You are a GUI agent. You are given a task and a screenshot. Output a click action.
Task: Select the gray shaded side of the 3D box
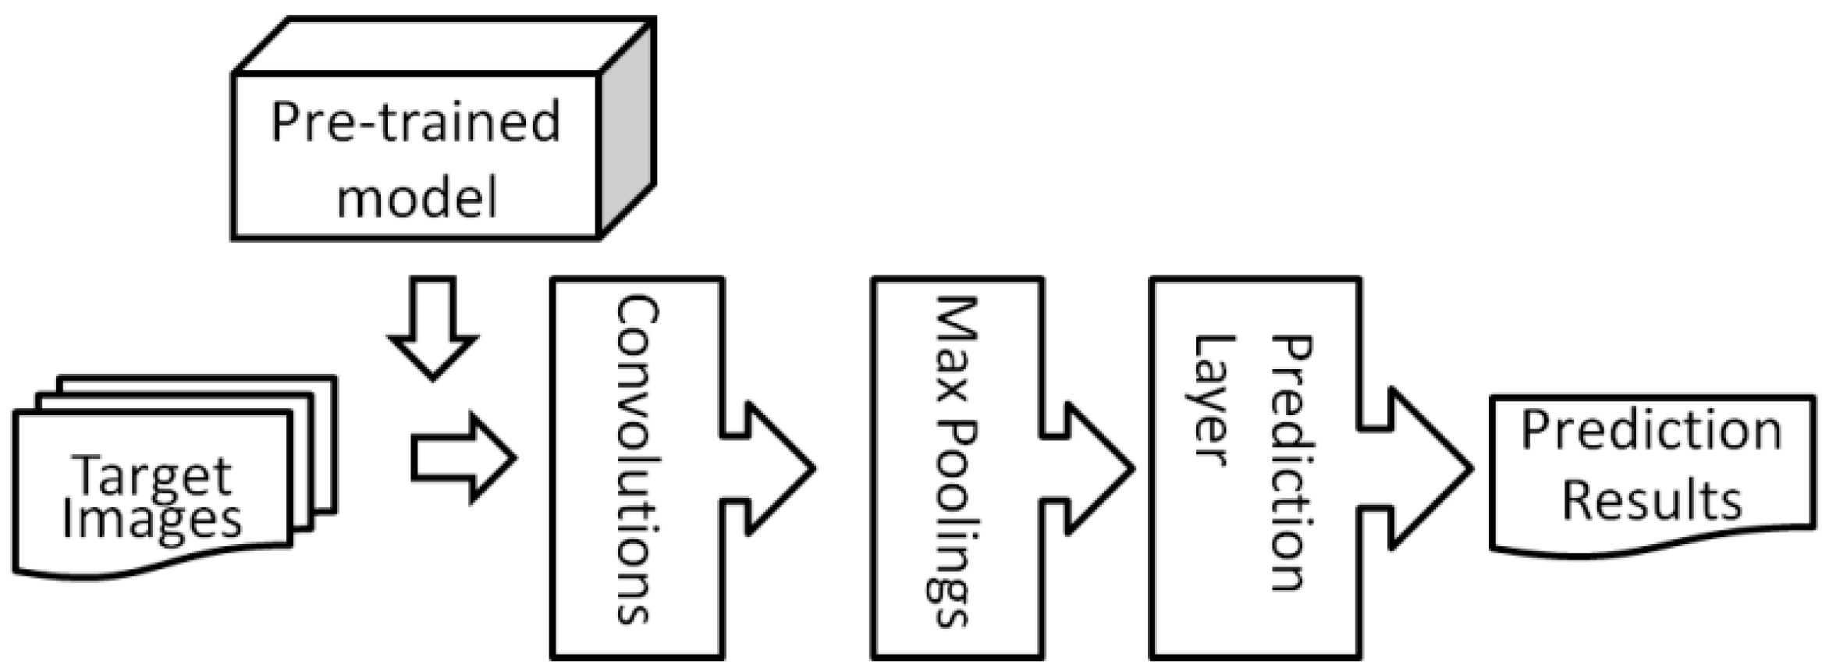627,129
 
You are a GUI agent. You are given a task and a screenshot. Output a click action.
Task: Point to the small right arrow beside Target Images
464,459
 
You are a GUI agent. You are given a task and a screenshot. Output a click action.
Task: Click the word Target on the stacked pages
152,474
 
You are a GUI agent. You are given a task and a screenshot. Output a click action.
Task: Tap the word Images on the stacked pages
152,519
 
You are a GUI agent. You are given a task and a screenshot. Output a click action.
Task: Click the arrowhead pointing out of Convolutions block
780,468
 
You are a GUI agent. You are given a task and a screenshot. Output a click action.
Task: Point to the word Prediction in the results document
1651,432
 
